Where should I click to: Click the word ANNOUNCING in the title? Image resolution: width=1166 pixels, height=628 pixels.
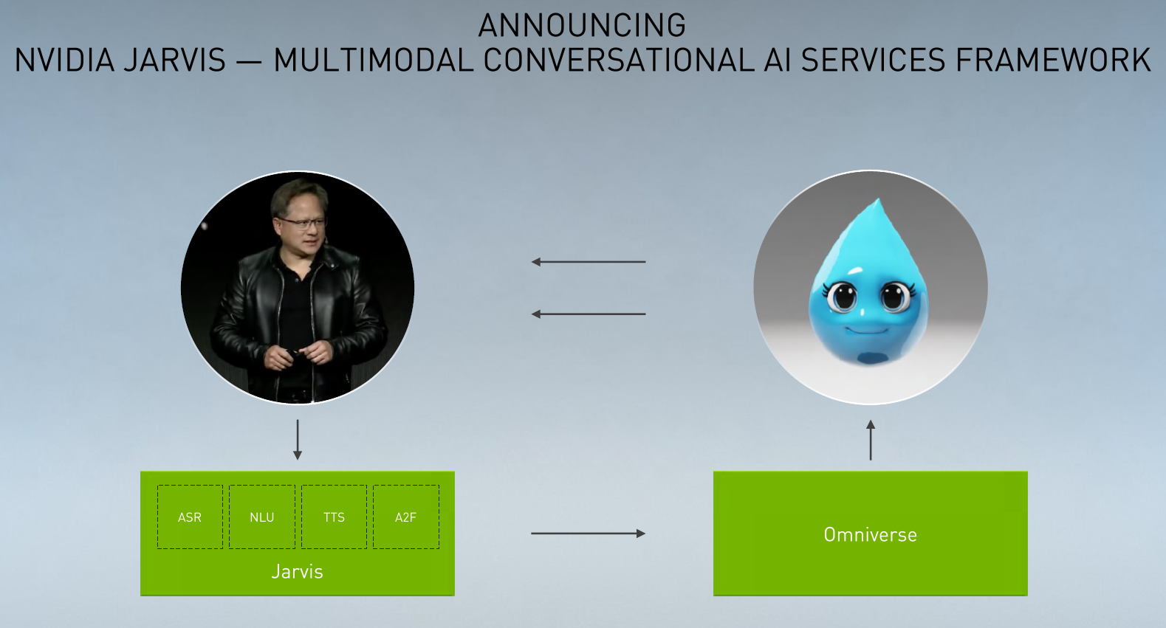[582, 26]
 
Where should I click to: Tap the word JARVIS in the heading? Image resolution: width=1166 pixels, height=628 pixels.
[174, 60]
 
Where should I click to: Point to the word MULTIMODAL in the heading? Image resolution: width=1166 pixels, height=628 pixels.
[374, 60]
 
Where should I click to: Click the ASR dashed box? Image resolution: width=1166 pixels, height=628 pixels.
[190, 517]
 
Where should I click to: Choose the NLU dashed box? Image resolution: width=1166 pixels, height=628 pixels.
[262, 517]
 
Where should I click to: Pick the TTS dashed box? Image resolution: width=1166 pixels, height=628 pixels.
[335, 517]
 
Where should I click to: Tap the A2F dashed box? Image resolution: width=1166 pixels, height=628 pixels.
[406, 517]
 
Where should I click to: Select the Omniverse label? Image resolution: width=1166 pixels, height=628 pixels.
[871, 535]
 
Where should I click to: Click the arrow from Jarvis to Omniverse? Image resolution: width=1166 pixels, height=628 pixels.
[589, 534]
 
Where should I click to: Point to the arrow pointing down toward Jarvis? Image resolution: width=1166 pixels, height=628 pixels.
[298, 440]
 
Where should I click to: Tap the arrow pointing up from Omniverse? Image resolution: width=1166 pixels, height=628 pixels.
[871, 440]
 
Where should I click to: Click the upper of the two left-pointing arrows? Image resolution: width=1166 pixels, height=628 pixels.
[589, 262]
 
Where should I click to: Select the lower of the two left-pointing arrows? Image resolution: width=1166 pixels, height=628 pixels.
[589, 314]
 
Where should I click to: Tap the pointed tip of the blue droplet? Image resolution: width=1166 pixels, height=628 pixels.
[879, 200]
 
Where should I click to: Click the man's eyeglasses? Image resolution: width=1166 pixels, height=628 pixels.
[303, 224]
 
